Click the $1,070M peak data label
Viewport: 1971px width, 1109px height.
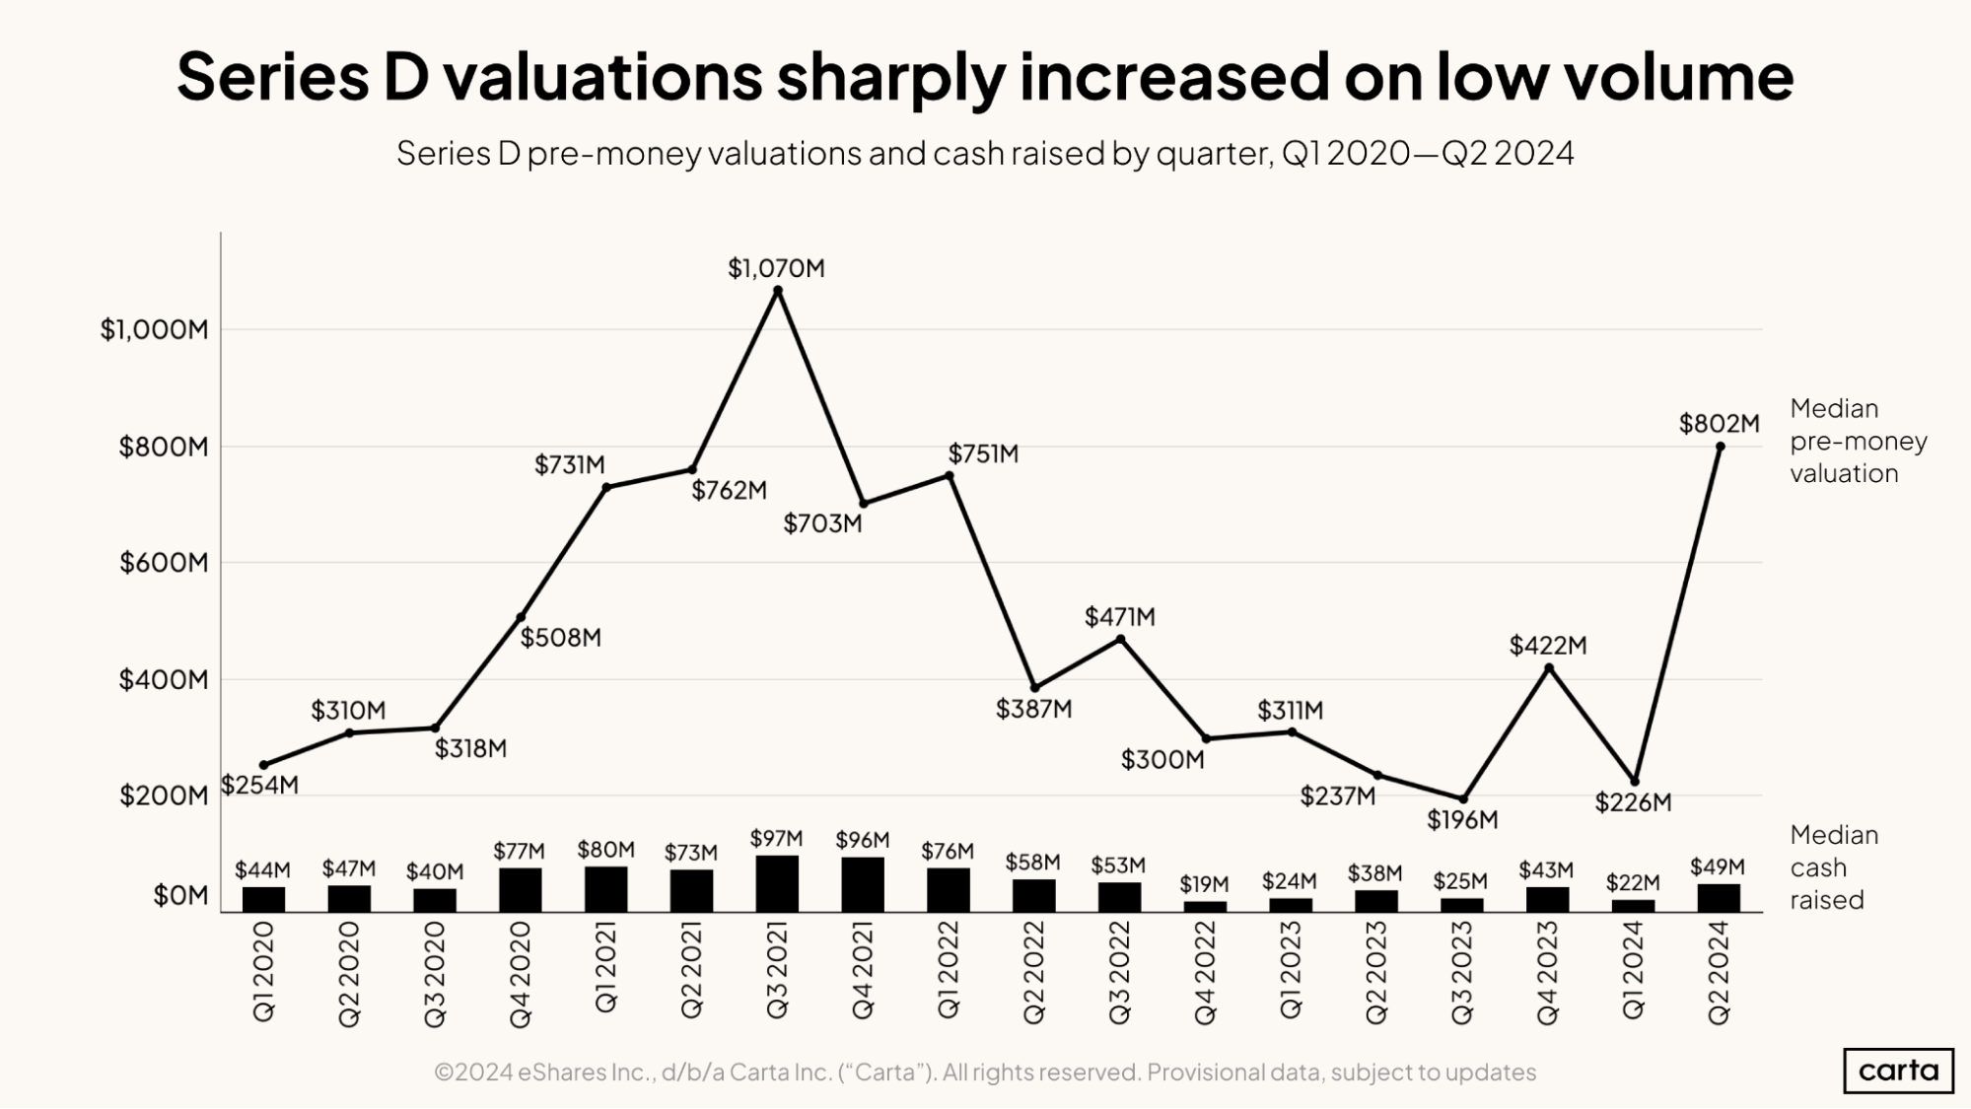[x=776, y=268]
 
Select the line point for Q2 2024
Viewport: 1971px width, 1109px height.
[x=1720, y=447]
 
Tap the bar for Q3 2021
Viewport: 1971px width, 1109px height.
[x=777, y=883]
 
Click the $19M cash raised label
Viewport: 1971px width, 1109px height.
[x=1204, y=884]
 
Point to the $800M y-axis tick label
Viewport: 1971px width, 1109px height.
[x=164, y=448]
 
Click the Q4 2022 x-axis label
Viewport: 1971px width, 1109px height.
[x=1205, y=973]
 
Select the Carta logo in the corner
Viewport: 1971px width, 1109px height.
[x=1897, y=1071]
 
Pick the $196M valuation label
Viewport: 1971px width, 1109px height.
[x=1462, y=820]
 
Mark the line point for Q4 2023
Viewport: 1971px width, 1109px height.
[x=1548, y=668]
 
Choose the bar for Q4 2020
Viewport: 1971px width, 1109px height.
[x=520, y=889]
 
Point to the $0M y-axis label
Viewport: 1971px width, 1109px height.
[x=180, y=896]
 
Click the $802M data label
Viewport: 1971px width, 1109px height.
[x=1719, y=424]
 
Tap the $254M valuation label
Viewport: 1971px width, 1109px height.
[x=259, y=786]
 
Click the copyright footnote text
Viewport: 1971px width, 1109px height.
[x=984, y=1073]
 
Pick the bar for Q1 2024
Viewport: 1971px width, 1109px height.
[x=1633, y=905]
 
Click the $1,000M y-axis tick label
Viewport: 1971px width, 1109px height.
[x=154, y=329]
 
